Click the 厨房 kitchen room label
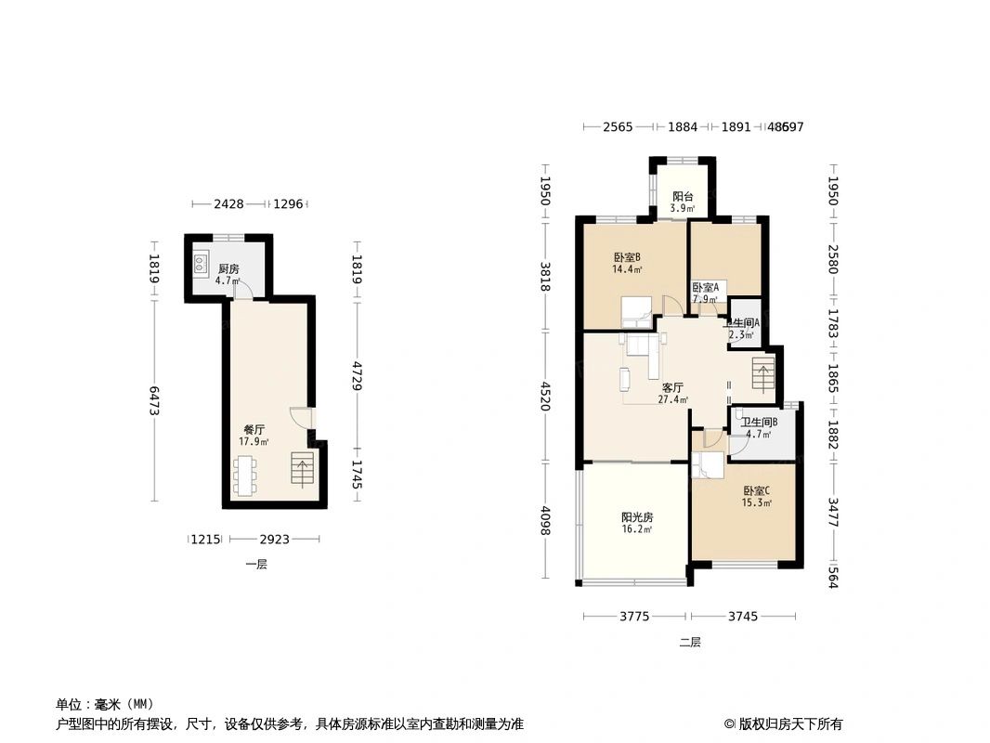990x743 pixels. (x=228, y=269)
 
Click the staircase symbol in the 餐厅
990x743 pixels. (x=303, y=469)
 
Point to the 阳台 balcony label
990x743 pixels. (x=683, y=197)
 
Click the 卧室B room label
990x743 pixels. (x=627, y=258)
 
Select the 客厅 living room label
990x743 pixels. (x=672, y=388)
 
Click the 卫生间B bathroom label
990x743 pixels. (x=759, y=423)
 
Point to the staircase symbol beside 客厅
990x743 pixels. (x=762, y=376)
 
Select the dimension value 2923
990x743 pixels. (x=274, y=539)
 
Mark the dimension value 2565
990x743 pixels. (x=618, y=127)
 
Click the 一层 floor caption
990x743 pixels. (x=256, y=564)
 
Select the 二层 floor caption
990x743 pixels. (x=689, y=642)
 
